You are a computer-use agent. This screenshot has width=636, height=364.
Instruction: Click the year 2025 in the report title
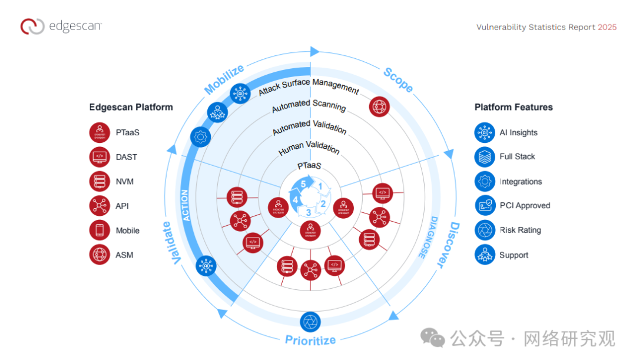(607, 27)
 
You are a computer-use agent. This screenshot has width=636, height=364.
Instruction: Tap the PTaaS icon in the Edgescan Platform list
(100, 133)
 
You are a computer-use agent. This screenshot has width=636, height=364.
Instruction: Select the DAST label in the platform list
(125, 157)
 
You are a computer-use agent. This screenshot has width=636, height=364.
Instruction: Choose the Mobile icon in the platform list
(100, 231)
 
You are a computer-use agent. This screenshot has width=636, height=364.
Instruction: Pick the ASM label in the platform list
(124, 255)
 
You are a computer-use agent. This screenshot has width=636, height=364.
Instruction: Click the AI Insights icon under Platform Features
(485, 132)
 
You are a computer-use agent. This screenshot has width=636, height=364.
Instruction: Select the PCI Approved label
(525, 206)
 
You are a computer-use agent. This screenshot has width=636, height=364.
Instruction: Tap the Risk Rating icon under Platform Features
(485, 230)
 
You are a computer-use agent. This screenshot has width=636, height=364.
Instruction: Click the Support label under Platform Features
(514, 255)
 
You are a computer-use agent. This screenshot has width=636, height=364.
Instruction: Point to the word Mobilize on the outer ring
(224, 80)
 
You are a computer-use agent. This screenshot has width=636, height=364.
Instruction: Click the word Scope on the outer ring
(399, 80)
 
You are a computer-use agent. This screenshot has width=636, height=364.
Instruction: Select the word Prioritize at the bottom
(310, 340)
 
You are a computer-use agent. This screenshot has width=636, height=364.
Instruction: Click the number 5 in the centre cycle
(303, 183)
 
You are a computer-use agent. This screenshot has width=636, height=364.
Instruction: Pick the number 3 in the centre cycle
(308, 212)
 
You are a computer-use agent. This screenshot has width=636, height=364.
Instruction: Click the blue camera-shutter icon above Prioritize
(310, 321)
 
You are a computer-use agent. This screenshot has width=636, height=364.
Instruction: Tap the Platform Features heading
(514, 107)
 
